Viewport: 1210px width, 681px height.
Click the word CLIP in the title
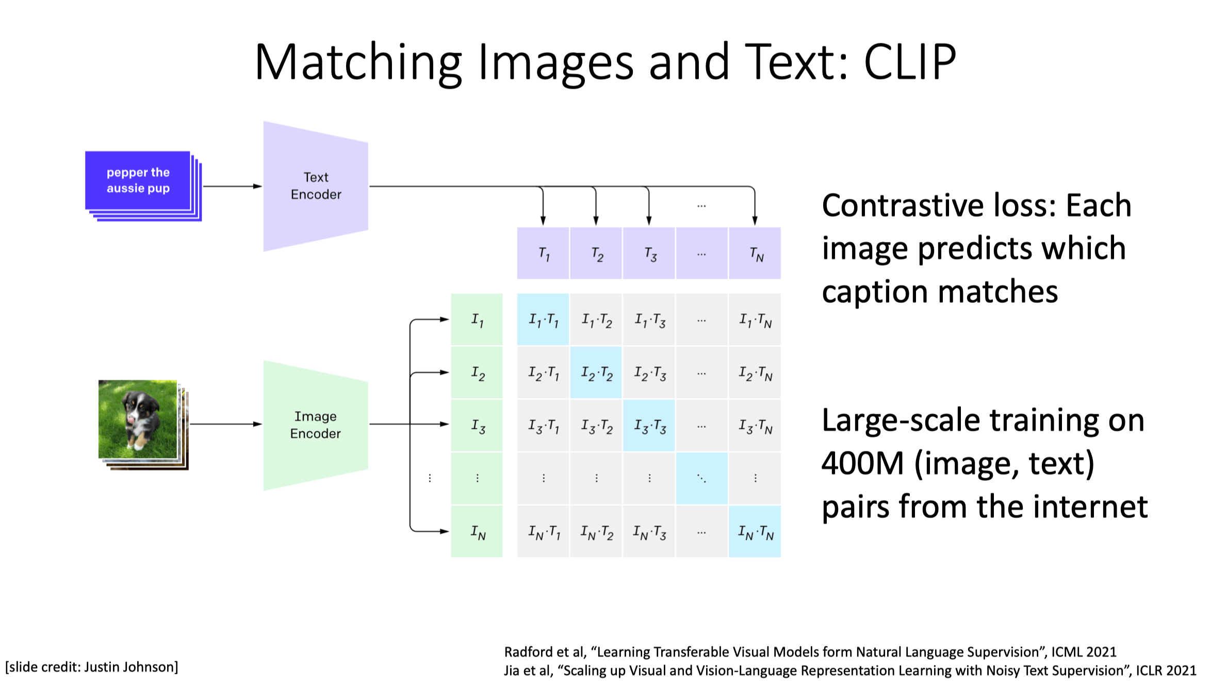910,62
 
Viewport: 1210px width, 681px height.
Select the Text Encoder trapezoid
316,186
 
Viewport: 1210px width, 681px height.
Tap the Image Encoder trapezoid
316,425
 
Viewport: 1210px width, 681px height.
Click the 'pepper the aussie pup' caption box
138,181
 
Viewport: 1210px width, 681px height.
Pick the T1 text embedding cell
543,253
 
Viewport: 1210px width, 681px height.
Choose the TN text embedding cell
755,253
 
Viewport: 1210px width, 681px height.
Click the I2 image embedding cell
477,372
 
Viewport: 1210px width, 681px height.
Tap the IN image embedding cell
477,531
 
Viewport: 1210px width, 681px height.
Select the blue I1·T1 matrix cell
543,320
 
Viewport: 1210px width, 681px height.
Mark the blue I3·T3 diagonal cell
649,426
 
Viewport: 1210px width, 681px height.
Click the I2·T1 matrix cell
543,372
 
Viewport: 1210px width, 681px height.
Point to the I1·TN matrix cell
755,320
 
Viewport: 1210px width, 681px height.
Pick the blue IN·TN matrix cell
755,531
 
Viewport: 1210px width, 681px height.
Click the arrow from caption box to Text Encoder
232,186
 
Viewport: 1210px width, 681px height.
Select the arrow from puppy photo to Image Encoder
226,424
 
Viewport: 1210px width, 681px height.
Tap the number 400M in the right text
862,463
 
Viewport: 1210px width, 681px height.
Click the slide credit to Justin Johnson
92,667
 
